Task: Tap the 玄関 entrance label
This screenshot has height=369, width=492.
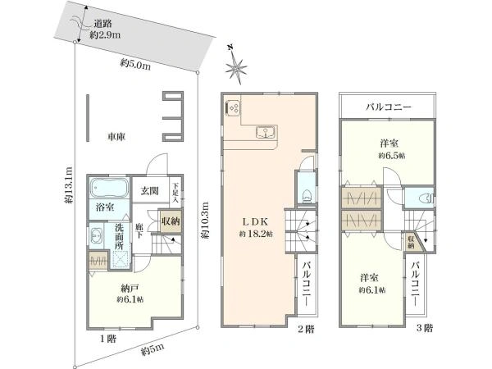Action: tap(149, 192)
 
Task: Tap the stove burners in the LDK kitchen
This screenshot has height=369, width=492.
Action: tap(233, 106)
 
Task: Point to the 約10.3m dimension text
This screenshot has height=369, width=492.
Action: tap(206, 221)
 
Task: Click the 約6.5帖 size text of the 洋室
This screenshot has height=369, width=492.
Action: tap(392, 155)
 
